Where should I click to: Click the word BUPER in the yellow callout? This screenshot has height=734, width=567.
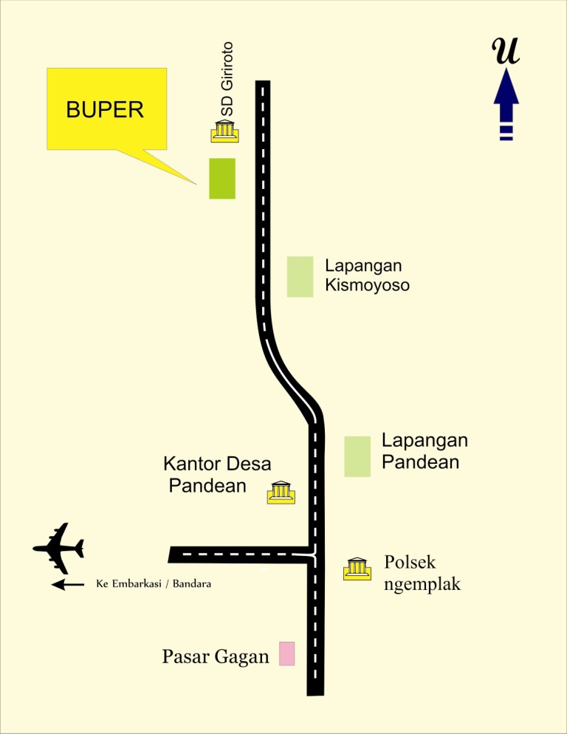104,111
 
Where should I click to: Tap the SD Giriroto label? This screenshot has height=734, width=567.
227,78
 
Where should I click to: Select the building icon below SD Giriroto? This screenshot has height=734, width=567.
224,131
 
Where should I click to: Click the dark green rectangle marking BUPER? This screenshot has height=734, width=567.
222,179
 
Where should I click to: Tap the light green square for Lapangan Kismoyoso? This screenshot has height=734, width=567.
300,277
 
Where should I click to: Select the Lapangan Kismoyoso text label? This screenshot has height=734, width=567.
367,275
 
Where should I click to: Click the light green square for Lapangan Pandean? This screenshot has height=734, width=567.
357,456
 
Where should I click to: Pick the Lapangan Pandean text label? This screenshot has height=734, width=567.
425,451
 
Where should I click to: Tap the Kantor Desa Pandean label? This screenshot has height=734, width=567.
216,475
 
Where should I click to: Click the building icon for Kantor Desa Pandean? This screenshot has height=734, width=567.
281,492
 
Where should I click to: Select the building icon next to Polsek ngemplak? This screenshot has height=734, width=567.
357,569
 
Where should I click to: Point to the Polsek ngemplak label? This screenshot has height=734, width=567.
422,574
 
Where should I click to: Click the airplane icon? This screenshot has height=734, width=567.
60,548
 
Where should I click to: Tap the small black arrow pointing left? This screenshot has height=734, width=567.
68,585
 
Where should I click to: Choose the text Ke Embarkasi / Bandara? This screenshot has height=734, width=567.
154,584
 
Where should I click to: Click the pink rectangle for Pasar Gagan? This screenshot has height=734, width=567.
287,654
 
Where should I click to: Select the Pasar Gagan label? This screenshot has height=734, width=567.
216,656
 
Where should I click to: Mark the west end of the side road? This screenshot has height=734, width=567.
172,555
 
